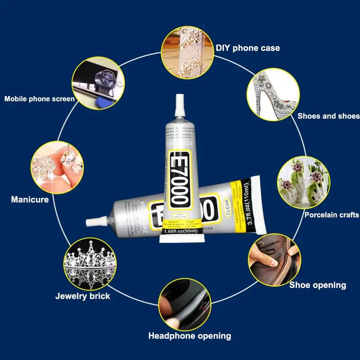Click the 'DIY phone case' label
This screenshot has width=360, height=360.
(x=247, y=48)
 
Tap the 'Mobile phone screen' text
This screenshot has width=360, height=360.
(x=40, y=99)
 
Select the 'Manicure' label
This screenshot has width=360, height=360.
(x=30, y=199)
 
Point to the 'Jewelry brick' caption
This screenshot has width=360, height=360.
(x=82, y=296)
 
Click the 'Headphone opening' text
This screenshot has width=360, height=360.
(x=189, y=336)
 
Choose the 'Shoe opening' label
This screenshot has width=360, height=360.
(x=318, y=285)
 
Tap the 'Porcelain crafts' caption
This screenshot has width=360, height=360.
(x=332, y=215)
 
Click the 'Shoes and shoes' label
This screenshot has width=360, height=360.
(x=328, y=116)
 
